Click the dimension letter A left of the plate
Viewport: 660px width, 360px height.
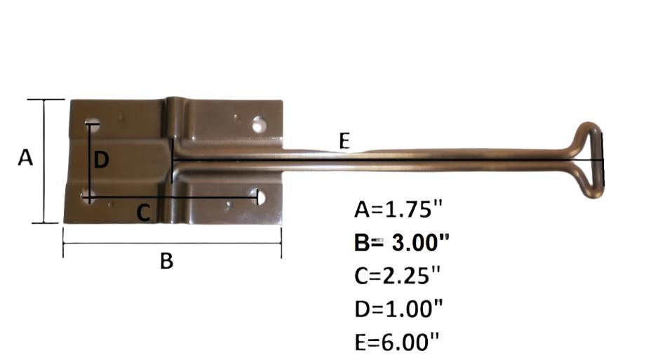click(x=25, y=158)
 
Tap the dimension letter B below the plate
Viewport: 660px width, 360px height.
click(x=166, y=261)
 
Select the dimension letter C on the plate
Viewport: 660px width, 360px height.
click(x=142, y=212)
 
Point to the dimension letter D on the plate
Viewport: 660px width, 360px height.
click(x=102, y=161)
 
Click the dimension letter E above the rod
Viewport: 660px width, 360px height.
click(x=344, y=141)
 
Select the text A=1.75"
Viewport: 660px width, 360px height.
click(x=399, y=209)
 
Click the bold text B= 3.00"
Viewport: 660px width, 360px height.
click(x=401, y=242)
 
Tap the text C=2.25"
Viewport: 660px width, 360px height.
click(x=399, y=276)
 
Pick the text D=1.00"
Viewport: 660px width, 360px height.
click(x=399, y=309)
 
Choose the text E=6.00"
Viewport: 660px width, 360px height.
click(x=398, y=342)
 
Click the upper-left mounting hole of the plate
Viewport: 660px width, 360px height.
click(x=92, y=125)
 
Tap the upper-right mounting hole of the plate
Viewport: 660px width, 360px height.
click(x=260, y=125)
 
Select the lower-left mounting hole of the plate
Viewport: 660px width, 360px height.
click(x=88, y=196)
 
